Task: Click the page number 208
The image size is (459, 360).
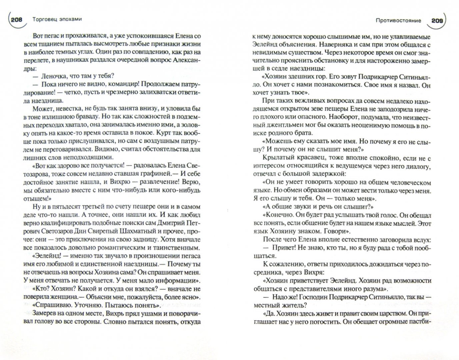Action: (16, 20)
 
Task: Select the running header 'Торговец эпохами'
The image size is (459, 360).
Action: (58, 19)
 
